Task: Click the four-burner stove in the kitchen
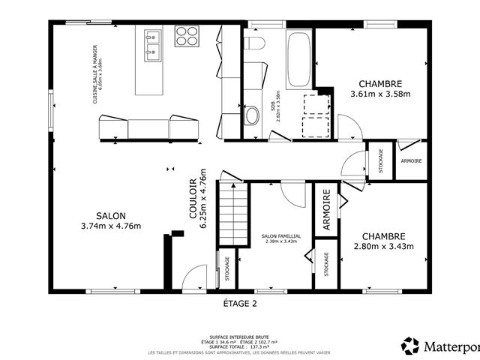[x=186, y=36]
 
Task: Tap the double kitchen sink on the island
[x=154, y=43]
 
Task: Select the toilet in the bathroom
[x=253, y=43]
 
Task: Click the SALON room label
[x=110, y=215]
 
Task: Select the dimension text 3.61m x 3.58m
[x=380, y=94]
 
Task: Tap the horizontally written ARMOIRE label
[x=411, y=161]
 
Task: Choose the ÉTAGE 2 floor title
[x=240, y=304]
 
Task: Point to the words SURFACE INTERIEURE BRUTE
[x=240, y=337]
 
